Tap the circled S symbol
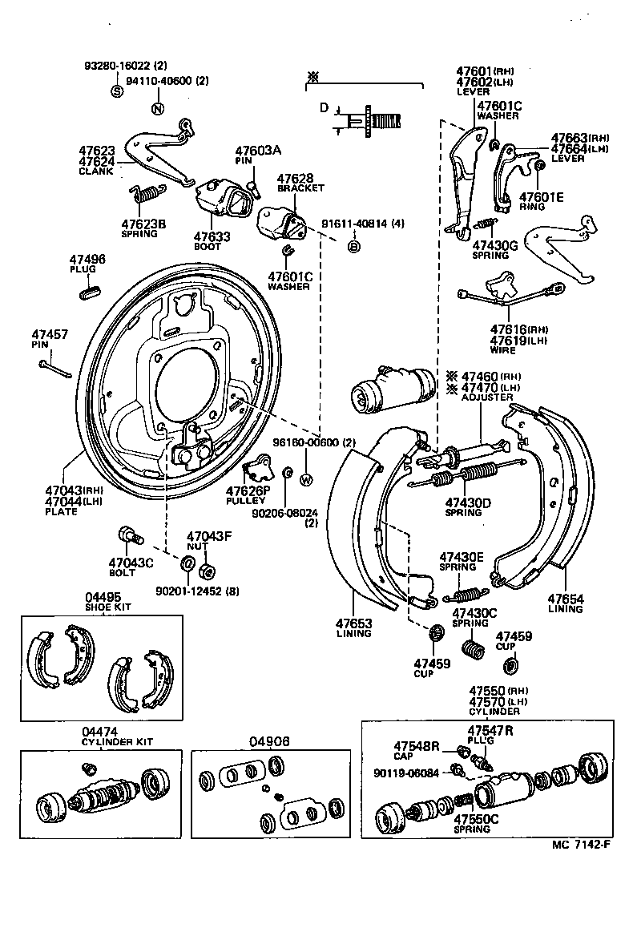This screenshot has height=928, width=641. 116,90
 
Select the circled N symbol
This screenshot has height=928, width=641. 158,109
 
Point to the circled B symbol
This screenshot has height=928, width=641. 353,247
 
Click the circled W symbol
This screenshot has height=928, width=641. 305,480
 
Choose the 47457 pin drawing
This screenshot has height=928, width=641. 55,369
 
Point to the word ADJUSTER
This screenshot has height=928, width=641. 486,397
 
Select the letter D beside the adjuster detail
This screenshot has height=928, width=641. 324,107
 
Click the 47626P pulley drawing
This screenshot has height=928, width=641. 259,467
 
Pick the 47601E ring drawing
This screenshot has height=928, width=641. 539,164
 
